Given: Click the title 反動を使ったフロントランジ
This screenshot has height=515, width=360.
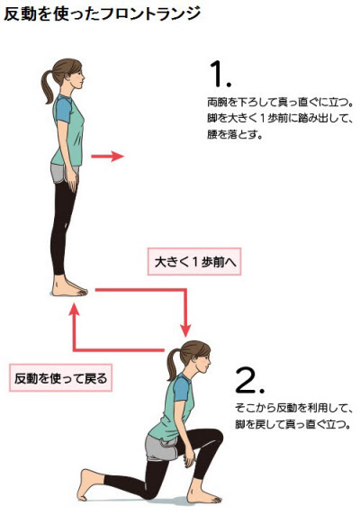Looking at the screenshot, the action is (102, 14).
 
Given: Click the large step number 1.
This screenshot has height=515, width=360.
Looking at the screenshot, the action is (220, 74).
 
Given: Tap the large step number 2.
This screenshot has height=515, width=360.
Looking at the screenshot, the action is (249, 380).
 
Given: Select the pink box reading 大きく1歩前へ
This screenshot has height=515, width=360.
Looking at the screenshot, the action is (194, 262).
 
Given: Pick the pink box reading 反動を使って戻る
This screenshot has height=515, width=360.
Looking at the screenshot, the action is (60, 378).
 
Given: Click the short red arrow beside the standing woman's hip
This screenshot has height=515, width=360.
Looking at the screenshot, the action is (107, 156).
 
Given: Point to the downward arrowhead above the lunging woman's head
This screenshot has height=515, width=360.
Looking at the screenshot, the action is (185, 330).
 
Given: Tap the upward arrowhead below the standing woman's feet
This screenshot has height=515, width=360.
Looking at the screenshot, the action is (75, 310).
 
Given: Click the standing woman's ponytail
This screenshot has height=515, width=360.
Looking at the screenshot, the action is (48, 87).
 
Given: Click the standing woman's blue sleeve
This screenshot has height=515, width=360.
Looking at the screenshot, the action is (63, 109).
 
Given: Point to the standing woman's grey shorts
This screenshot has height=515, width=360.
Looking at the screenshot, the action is (64, 173).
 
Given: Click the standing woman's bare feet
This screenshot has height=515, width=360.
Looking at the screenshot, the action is (69, 289).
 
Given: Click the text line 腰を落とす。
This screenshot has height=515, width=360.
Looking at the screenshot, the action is (235, 134).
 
